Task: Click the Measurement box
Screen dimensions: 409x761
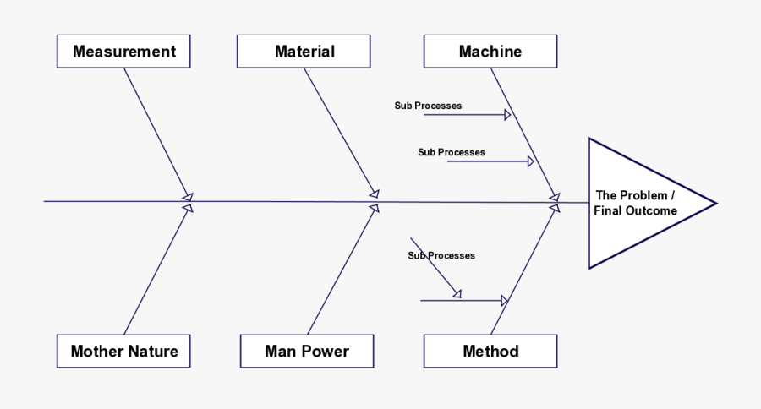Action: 123,52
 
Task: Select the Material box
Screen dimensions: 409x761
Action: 304,52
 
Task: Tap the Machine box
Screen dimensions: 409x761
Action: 490,52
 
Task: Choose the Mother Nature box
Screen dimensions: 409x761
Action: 124,351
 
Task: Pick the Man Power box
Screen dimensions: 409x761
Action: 307,351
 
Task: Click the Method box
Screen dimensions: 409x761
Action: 490,351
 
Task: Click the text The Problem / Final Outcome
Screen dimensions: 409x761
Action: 635,203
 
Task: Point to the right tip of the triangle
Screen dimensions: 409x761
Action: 715,203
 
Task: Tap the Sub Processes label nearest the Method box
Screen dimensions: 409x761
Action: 441,255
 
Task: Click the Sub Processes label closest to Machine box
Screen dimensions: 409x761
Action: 428,106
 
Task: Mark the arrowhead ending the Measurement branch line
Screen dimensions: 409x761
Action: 187,194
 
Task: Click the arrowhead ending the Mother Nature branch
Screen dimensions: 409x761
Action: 189,208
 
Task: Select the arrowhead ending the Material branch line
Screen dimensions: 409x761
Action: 374,194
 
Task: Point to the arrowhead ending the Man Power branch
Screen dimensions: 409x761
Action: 374,208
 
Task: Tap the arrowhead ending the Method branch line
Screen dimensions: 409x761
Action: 555,207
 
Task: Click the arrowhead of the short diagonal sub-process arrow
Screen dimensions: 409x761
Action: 457,293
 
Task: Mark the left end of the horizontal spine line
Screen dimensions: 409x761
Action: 46,201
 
